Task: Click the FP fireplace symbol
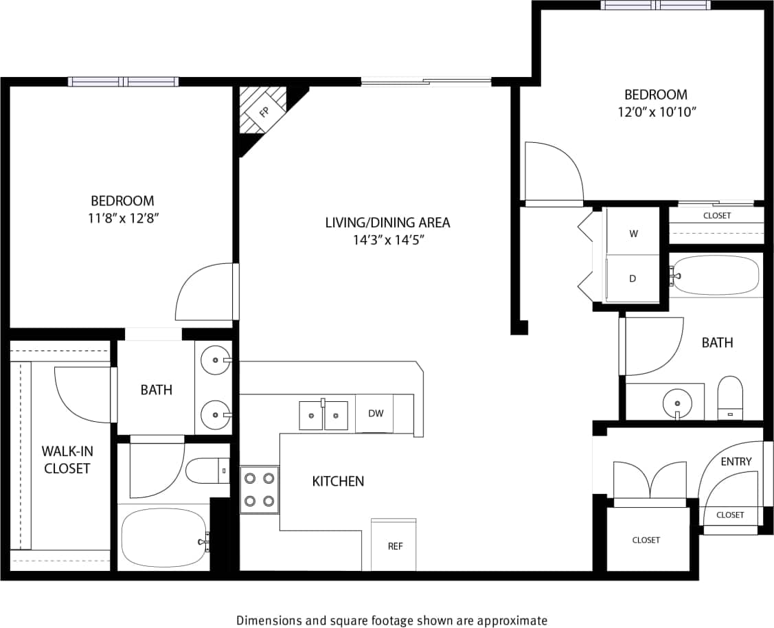(x=263, y=110)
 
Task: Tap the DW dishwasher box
(x=375, y=414)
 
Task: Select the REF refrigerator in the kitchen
(x=394, y=546)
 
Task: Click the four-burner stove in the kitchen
(x=260, y=490)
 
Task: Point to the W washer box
(x=633, y=234)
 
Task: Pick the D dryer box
(x=633, y=278)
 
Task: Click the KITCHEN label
(x=338, y=481)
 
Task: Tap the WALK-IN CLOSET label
(x=67, y=460)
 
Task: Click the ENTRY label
(x=736, y=461)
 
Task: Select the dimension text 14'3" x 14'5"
(x=387, y=240)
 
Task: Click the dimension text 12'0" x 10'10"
(x=655, y=111)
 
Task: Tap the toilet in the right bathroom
(x=729, y=398)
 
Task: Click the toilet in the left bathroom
(x=207, y=471)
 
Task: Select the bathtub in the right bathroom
(x=716, y=276)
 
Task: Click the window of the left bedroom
(x=124, y=81)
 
